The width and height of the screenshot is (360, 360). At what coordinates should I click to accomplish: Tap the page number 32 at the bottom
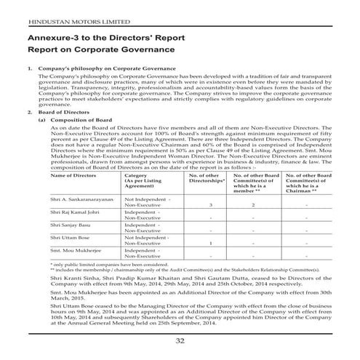point(180,340)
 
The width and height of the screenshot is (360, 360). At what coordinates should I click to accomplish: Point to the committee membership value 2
point(252,206)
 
